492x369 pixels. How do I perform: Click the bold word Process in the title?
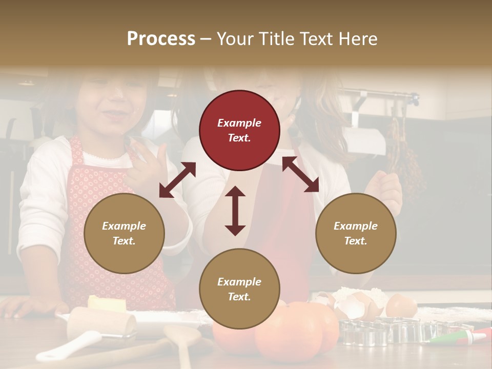[x=161, y=39]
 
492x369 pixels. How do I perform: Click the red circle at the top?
[x=239, y=130]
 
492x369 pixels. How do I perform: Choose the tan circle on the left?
[x=124, y=233]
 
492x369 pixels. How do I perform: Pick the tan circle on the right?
[x=356, y=233]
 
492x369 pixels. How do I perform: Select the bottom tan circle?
[x=239, y=289]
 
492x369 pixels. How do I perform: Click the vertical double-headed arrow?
[x=235, y=211]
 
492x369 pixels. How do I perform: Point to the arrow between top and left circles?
[x=177, y=180]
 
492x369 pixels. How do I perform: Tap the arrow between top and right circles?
[x=300, y=174]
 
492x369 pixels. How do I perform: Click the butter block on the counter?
[x=107, y=304]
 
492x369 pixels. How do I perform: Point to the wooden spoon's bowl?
[x=181, y=336]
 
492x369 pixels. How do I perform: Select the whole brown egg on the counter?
[x=401, y=306]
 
